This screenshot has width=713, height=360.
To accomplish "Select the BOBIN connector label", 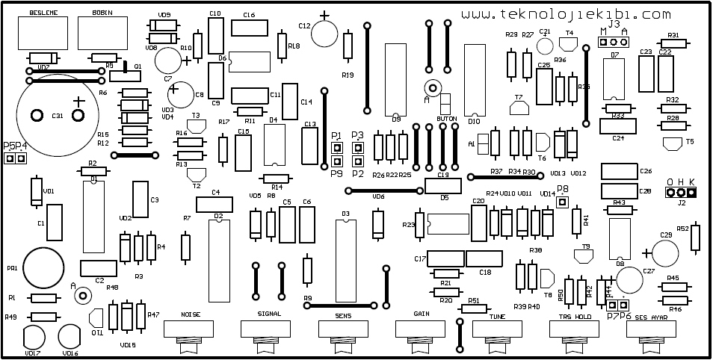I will tap(102, 13).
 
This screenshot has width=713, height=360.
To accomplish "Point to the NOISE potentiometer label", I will tap(191, 314).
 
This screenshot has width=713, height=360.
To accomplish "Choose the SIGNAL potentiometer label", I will tap(268, 314).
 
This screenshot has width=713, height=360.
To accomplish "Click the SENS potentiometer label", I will tap(343, 314).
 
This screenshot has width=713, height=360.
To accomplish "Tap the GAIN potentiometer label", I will tap(421, 314).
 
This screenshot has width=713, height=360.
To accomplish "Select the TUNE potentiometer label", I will tap(496, 315).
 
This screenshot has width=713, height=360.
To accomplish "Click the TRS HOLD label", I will tap(575, 315).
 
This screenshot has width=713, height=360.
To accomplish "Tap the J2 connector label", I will tap(681, 202).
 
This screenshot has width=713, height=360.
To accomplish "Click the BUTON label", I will tap(446, 120).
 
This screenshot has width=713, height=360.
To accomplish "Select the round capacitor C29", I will tap(666, 244).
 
